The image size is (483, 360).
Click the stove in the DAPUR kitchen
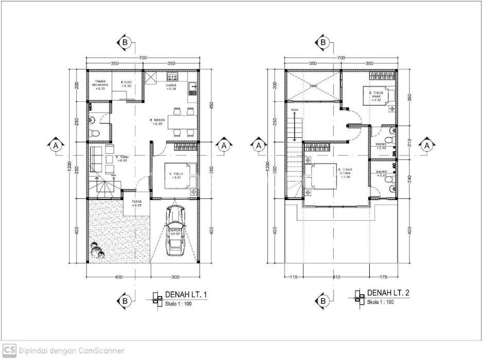(x=172, y=78)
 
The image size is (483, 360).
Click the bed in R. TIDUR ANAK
(x=381, y=96)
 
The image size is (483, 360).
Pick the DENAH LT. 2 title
(x=388, y=293)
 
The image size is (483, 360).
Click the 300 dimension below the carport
(x=175, y=278)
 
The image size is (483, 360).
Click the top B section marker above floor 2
(x=324, y=42)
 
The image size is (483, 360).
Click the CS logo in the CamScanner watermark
(x=9, y=350)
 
